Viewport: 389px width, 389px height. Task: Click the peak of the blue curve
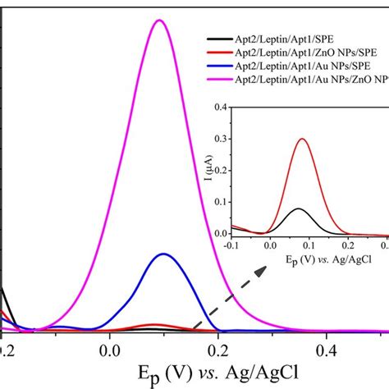point(164,254)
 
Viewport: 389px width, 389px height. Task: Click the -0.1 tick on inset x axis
point(236,245)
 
